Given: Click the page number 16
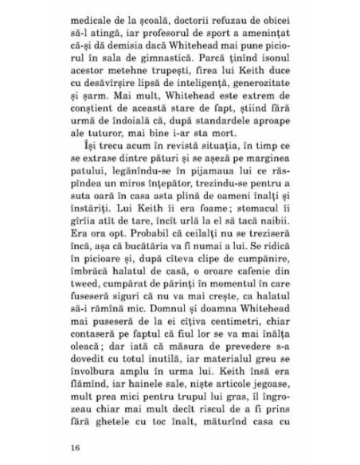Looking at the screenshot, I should coord(76,446).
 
